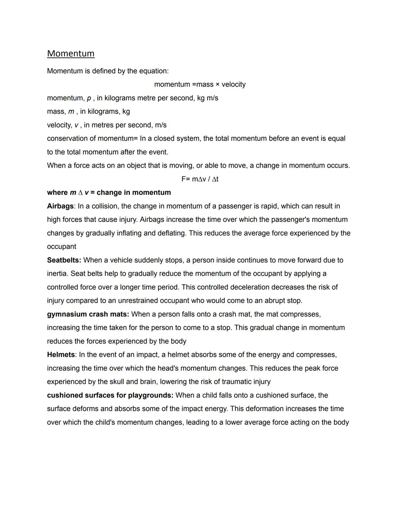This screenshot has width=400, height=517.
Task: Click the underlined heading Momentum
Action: tap(71, 54)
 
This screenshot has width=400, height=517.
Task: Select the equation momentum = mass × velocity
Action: tap(200, 84)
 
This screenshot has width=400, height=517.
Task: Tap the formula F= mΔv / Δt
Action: tap(200, 179)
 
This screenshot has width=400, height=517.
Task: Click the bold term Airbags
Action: tap(60, 206)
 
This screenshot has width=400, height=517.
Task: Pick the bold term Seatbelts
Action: tap(64, 260)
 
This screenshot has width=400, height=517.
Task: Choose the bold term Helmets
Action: tap(61, 355)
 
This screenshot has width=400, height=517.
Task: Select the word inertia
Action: tap(57, 273)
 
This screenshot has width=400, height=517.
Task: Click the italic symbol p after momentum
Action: tap(89, 98)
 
